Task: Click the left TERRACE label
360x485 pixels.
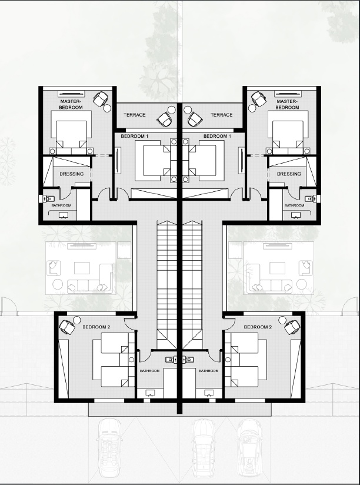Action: point(135,115)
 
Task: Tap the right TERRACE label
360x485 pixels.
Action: point(222,115)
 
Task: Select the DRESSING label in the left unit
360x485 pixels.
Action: point(71,174)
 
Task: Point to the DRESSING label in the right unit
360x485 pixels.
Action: point(289,174)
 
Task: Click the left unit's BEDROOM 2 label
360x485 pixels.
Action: point(96,327)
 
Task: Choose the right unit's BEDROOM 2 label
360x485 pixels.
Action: point(258,327)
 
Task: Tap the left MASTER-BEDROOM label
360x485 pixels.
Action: point(71,104)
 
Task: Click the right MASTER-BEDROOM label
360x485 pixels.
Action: point(287,104)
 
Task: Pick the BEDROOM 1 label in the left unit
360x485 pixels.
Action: point(135,136)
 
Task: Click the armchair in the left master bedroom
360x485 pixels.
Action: point(101,99)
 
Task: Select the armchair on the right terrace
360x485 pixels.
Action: point(195,119)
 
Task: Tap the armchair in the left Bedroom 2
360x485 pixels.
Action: point(67,327)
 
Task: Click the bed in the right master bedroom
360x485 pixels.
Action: point(288,132)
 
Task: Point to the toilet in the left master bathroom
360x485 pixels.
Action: point(47,198)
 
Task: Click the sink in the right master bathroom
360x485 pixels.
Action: point(296,215)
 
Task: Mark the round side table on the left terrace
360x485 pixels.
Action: point(172,109)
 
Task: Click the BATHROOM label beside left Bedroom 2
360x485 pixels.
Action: point(149,371)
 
